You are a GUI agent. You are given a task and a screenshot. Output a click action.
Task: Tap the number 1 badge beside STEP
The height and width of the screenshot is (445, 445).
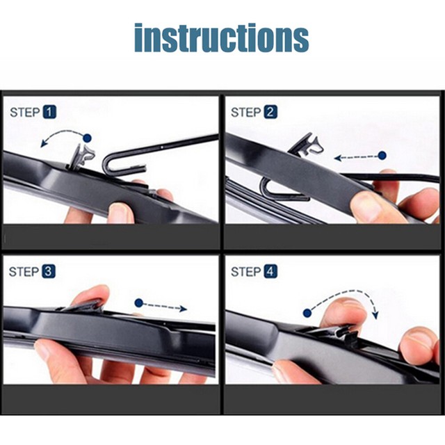tap(50, 111)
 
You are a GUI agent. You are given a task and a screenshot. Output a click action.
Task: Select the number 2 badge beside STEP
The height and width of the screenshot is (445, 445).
tap(270, 111)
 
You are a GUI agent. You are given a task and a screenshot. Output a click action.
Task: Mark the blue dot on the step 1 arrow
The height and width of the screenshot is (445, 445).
tap(87, 138)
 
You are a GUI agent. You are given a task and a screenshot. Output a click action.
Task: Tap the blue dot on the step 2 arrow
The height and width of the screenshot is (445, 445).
tap(382, 156)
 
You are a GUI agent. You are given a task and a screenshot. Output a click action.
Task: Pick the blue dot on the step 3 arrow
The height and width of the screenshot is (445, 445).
tap(139, 303)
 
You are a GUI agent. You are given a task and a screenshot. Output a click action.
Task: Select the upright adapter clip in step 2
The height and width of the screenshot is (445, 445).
tap(307, 145)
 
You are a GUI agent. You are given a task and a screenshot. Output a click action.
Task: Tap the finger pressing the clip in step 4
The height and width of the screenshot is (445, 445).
tap(344, 314)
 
